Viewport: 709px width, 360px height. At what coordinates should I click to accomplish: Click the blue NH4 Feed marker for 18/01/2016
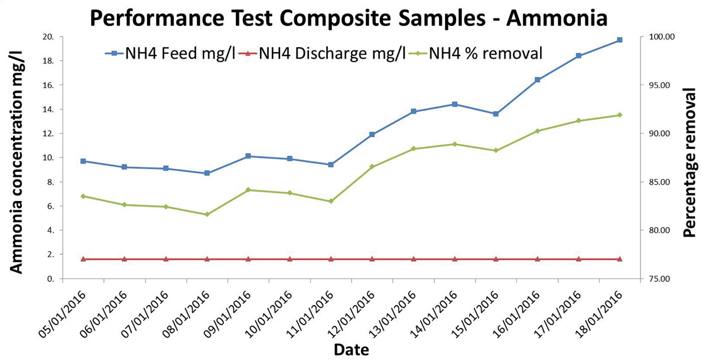[620, 40]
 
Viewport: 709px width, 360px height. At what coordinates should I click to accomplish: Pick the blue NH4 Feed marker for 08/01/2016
[207, 173]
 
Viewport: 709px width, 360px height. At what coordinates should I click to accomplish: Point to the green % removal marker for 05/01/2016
[83, 196]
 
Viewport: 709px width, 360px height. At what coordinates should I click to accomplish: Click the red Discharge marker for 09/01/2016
[248, 259]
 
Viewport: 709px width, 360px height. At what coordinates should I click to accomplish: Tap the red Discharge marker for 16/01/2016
[537, 259]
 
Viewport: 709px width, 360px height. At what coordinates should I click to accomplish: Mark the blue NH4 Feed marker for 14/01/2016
[454, 104]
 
